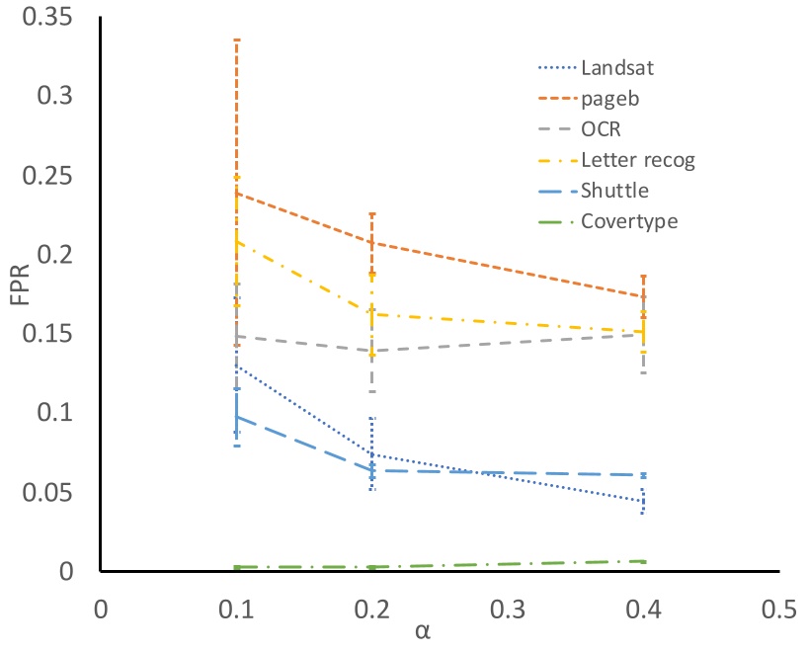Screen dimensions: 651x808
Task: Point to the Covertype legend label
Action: pyautogui.click(x=629, y=221)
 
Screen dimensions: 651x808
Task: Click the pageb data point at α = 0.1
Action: pyautogui.click(x=236, y=194)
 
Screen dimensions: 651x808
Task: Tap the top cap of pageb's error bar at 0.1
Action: pyautogui.click(x=236, y=40)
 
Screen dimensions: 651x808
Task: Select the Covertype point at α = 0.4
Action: pyautogui.click(x=643, y=561)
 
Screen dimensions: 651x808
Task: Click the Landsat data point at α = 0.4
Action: pyautogui.click(x=643, y=501)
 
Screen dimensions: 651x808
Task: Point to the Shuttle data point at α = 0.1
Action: pyautogui.click(x=236, y=417)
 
